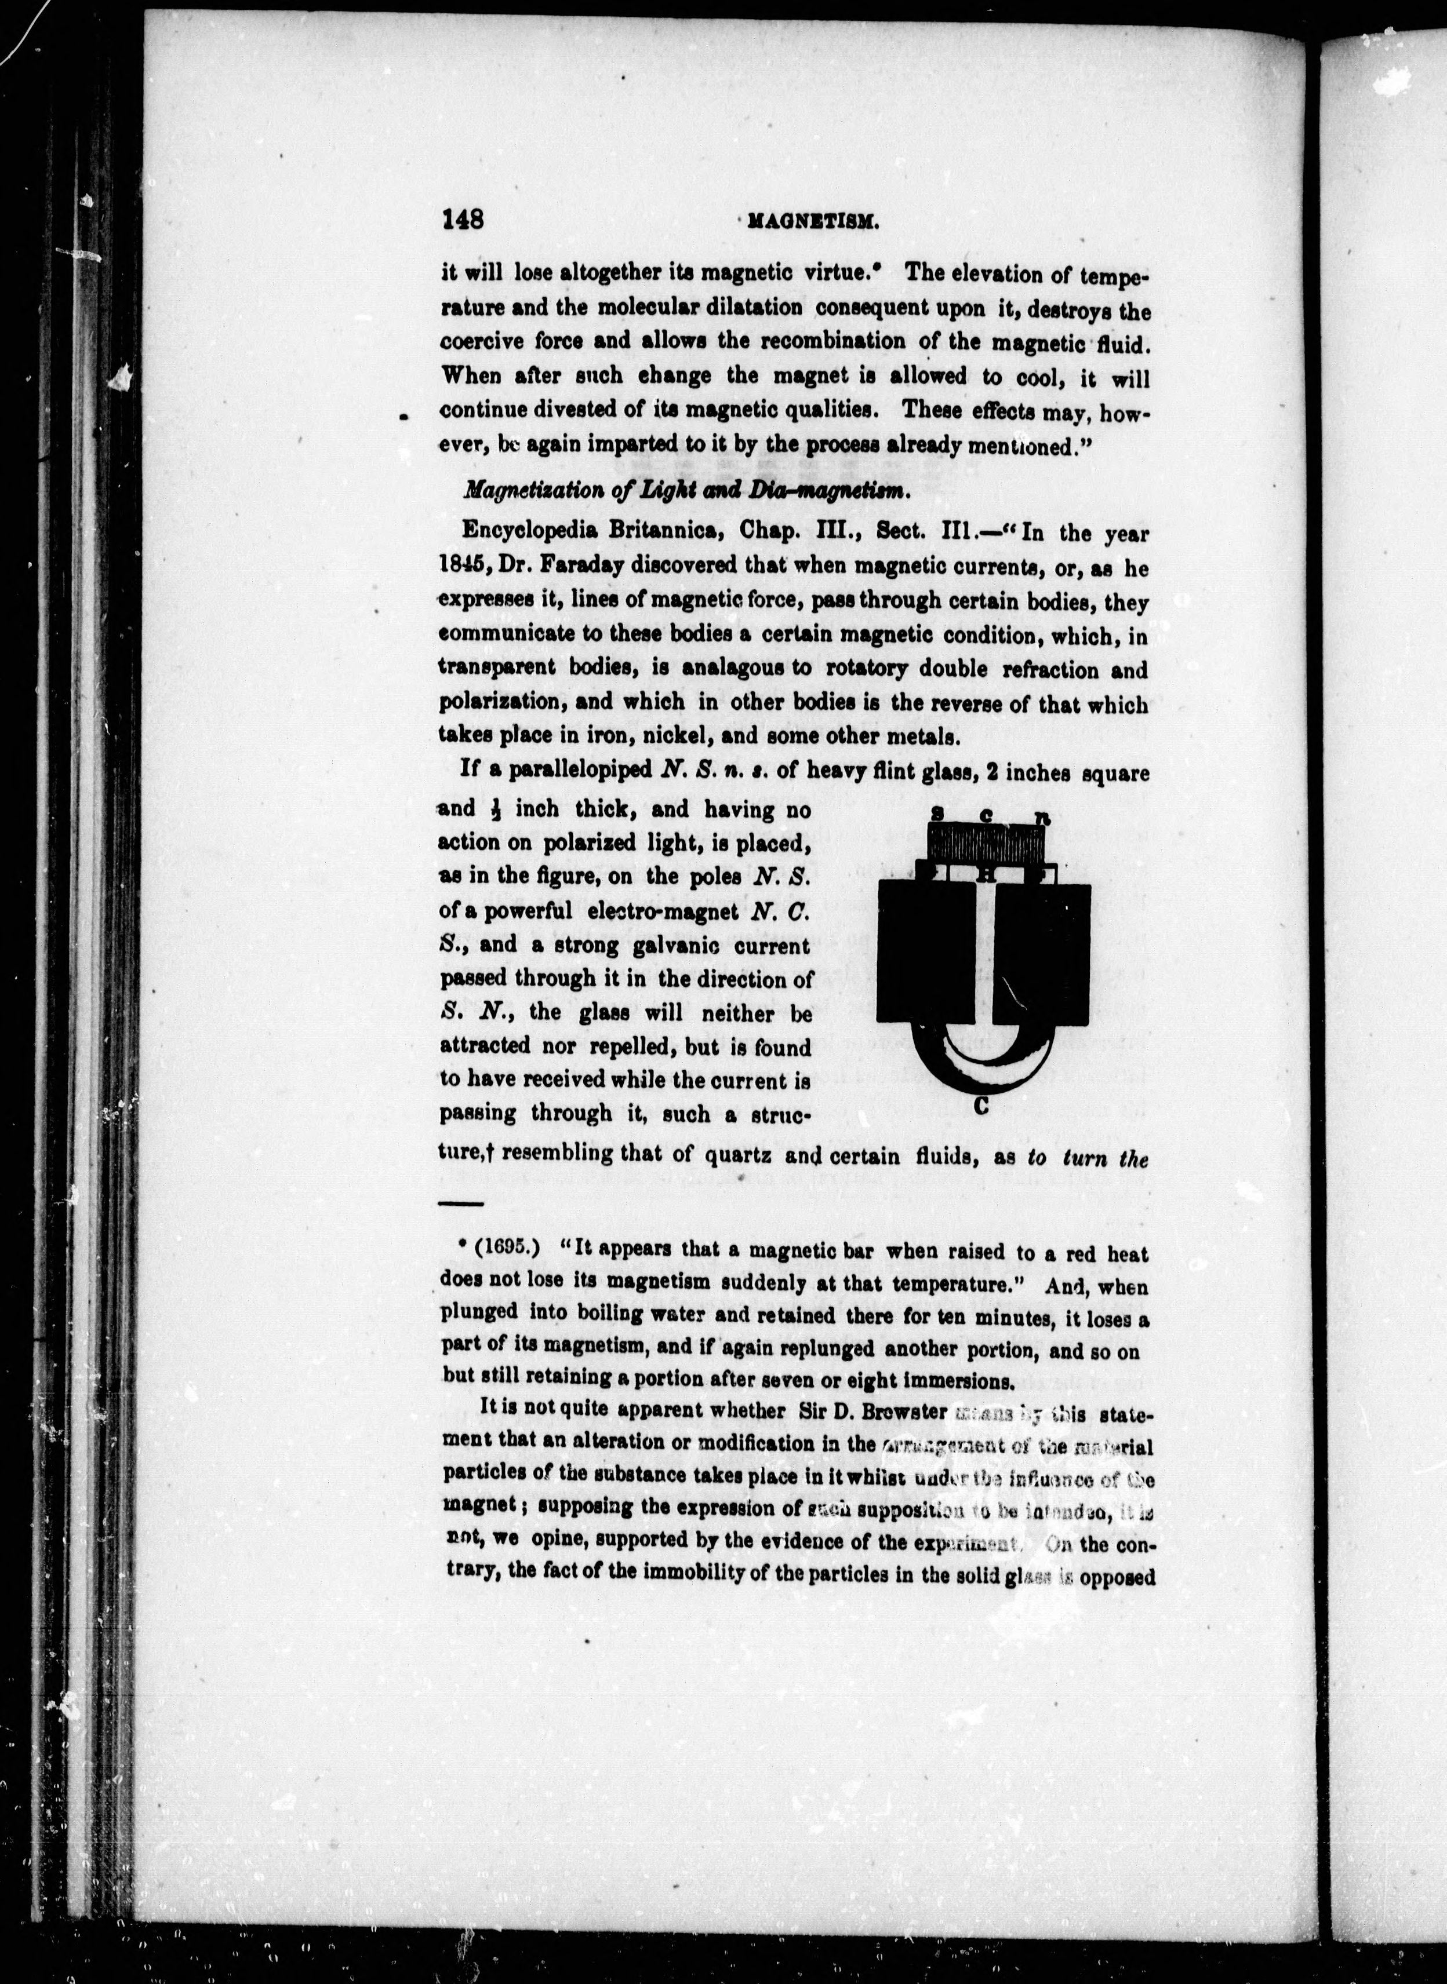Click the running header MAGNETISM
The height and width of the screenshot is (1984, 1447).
(813, 223)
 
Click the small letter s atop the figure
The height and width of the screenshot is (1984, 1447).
(936, 814)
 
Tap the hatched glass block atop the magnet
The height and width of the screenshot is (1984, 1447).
(986, 844)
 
